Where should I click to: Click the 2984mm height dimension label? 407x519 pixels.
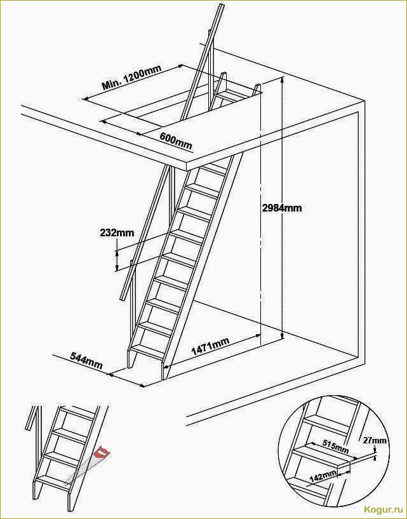(x=281, y=208)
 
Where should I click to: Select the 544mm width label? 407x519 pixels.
(x=86, y=360)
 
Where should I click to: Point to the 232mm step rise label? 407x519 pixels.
(x=117, y=233)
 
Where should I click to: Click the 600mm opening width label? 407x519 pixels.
(x=176, y=140)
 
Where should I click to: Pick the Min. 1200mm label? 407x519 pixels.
(x=131, y=78)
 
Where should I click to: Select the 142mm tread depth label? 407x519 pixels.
(x=323, y=476)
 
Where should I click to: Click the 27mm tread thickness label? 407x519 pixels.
(x=374, y=440)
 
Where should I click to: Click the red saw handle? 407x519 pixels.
(x=102, y=452)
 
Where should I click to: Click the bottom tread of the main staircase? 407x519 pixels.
(x=148, y=352)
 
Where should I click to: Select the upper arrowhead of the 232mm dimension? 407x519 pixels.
(x=117, y=252)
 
